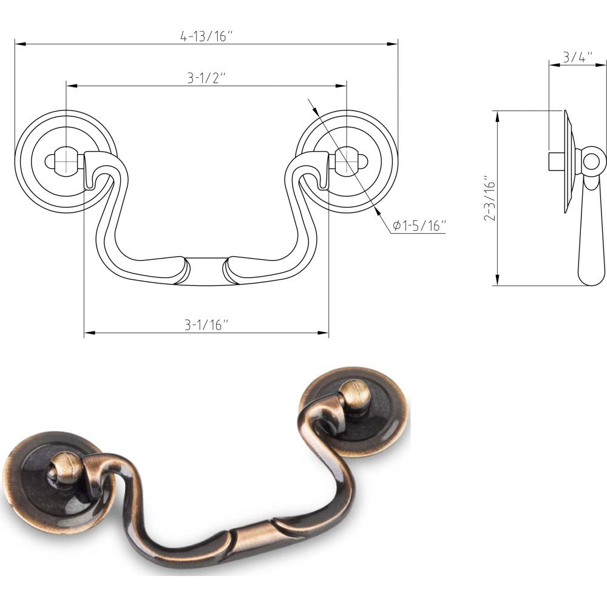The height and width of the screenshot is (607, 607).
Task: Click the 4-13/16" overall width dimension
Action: (206, 36)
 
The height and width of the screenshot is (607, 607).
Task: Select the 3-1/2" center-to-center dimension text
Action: (206, 78)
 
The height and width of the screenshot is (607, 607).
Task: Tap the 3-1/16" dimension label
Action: (206, 325)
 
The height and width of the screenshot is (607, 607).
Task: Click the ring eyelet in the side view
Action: (594, 161)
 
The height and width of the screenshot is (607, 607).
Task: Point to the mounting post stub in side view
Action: (556, 161)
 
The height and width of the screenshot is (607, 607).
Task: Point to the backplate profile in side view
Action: (569, 161)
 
